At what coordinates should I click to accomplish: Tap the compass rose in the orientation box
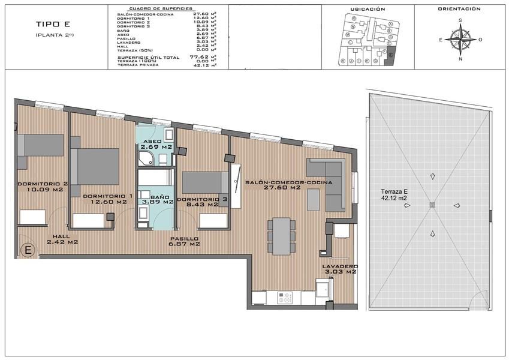[460, 40]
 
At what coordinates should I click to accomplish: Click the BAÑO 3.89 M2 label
[156, 199]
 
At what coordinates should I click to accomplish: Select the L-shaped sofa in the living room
[327, 180]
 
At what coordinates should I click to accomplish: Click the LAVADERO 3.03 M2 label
[340, 269]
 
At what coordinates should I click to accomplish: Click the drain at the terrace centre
[432, 205]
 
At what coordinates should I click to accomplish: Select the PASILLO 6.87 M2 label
[185, 241]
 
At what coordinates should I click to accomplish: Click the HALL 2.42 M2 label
[62, 239]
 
